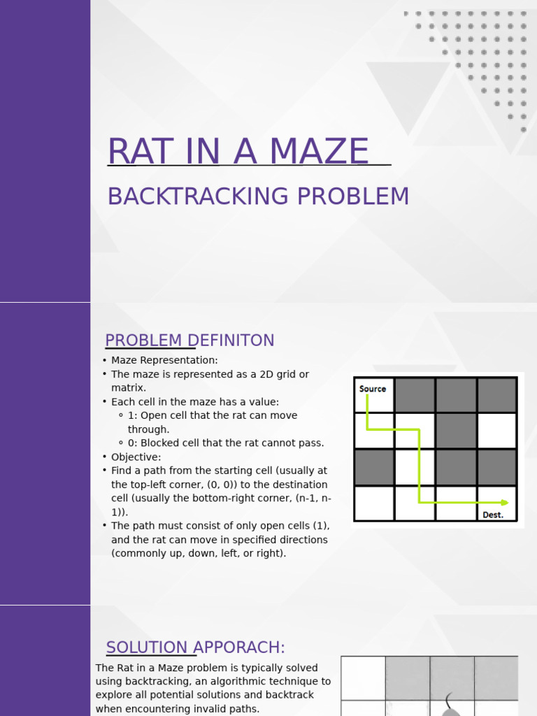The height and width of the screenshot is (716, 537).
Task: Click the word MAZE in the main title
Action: [x=318, y=152]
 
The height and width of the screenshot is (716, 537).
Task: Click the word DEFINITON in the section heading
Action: [x=236, y=341]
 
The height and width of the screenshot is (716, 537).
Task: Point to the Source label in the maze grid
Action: [x=373, y=389]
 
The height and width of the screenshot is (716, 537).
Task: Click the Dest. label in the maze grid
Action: [x=493, y=515]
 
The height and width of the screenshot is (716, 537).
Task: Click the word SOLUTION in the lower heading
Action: [x=147, y=647]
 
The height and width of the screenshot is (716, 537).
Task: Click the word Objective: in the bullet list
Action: [x=136, y=457]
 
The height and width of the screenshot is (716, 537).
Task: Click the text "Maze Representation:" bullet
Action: [x=164, y=360]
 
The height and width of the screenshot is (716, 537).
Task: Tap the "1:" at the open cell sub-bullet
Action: [x=133, y=415]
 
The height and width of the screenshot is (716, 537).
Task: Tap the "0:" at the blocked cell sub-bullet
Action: [x=133, y=443]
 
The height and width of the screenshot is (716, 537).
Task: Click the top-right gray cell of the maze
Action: [x=497, y=395]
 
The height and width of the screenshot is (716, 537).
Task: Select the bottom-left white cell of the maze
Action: [x=374, y=503]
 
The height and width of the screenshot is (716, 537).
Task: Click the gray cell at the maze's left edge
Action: [x=374, y=467]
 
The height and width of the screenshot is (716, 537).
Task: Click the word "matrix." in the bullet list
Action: [x=129, y=388]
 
